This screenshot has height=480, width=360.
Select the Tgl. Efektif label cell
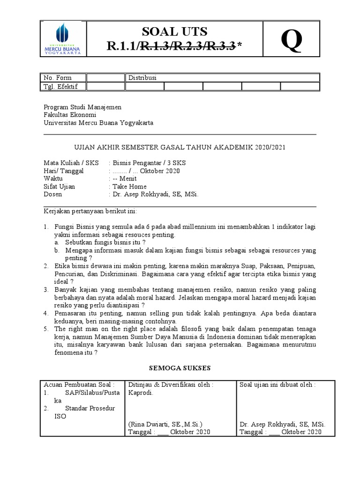[x=60, y=86]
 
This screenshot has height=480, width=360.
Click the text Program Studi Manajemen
[x=82, y=107]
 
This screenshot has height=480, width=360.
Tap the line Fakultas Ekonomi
[x=70, y=115]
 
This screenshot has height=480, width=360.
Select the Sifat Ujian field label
[x=59, y=187]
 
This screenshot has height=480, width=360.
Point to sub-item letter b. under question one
[x=56, y=250]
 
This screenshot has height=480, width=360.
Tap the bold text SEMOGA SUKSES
[x=180, y=368]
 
